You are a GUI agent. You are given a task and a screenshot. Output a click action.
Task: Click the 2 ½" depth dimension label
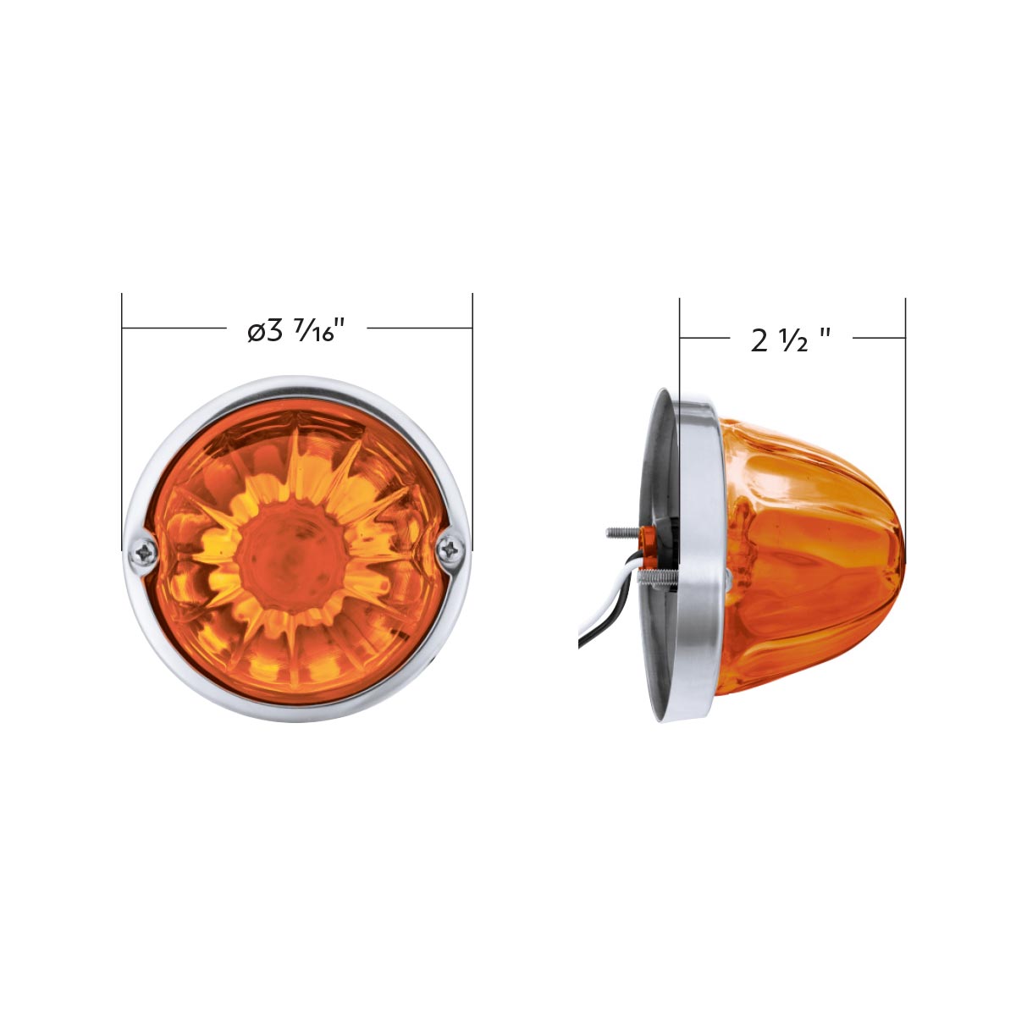coord(790,340)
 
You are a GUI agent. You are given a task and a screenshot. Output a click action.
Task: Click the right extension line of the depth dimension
coord(905,423)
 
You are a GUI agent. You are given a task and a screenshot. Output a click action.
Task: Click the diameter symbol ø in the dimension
coord(257,332)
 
